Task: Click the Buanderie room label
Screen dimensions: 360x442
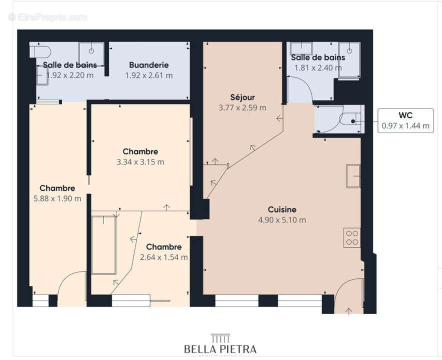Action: click(x=148, y=65)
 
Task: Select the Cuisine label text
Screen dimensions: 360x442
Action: click(x=282, y=209)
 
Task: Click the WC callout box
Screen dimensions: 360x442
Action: click(x=405, y=120)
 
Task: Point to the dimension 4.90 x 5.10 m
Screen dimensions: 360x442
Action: click(x=282, y=220)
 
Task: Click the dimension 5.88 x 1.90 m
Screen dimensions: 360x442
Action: click(x=57, y=198)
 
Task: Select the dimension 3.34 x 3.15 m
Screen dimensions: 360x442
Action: click(x=140, y=162)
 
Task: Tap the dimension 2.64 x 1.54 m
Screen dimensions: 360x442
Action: click(x=163, y=257)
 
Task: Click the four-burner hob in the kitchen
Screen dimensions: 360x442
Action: click(x=352, y=237)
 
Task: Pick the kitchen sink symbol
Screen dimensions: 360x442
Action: click(x=353, y=175)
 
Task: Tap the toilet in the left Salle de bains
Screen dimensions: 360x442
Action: click(x=40, y=51)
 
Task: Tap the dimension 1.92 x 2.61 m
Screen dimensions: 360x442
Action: click(x=148, y=75)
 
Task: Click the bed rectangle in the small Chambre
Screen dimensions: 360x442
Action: click(x=104, y=245)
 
